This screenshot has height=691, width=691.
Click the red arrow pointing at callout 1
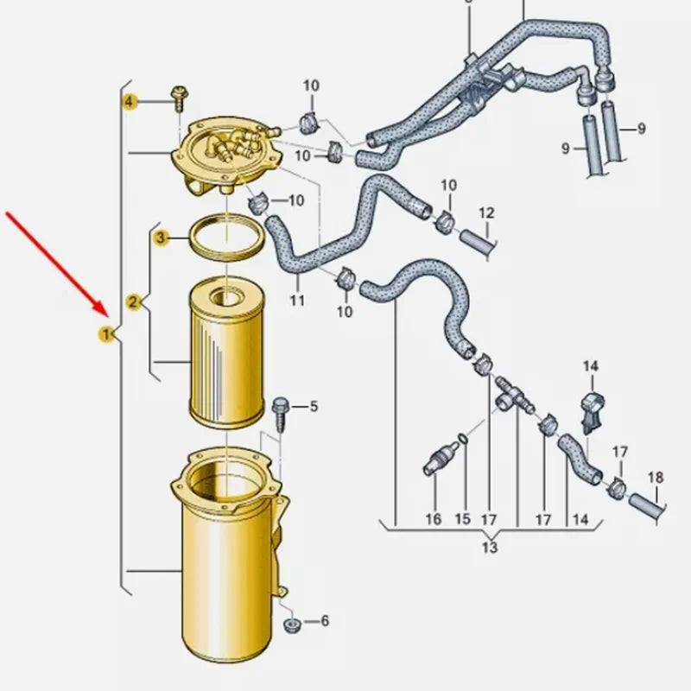coord(57,264)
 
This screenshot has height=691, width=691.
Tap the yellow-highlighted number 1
coord(105,335)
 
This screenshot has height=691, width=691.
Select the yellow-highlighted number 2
coord(133,302)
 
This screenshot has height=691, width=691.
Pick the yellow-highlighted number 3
coord(161,238)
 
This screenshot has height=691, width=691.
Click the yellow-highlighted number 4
coord(129,102)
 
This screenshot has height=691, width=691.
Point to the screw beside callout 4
coord(180,98)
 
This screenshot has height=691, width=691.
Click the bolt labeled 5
coord(280,414)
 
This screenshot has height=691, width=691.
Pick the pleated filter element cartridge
coord(226,352)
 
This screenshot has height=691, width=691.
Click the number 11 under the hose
coord(297,301)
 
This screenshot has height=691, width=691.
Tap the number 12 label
coord(486,213)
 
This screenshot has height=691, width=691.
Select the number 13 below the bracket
coord(490,547)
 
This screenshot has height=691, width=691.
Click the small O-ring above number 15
coord(462,438)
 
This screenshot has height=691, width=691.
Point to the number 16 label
coord(434,519)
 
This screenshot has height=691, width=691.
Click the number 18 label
coord(656,478)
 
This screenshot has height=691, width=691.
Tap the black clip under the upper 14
coord(592,412)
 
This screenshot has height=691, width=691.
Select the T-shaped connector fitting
coord(512,395)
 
